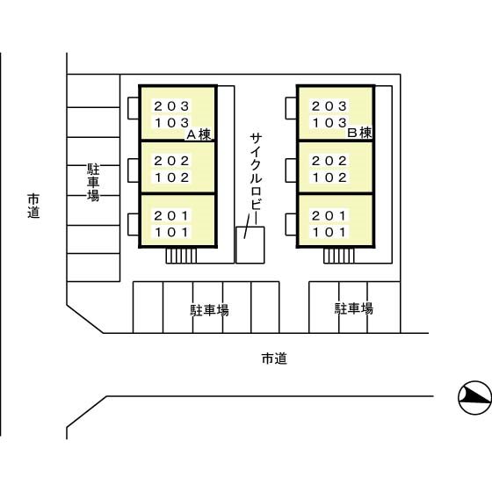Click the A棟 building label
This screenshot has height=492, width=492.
coord(199,134)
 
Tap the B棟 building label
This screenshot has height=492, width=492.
coord(359,133)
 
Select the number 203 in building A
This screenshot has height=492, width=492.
coord(171,106)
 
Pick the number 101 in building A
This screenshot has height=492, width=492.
coord(171,232)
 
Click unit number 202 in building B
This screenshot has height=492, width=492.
coord(329,161)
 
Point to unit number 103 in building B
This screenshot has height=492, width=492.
coord(329,123)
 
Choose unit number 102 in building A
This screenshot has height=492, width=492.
coord(172,177)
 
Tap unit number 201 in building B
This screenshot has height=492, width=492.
coord(329,215)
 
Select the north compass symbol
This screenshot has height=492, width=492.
coord(475,397)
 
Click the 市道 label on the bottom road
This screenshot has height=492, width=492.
coord(274,358)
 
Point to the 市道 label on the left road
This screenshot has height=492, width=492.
coord(33,206)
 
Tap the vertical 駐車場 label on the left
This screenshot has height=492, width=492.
coord(93,183)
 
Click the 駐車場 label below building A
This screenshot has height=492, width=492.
coord(210,310)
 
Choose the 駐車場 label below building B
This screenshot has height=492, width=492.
coord(353,308)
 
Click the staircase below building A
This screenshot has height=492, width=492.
coord(181,256)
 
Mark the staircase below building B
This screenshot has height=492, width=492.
coord(339,256)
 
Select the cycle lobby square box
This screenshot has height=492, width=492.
coord(250,245)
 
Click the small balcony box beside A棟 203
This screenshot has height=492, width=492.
coord(134,108)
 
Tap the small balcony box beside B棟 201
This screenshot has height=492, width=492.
coord(291,224)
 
